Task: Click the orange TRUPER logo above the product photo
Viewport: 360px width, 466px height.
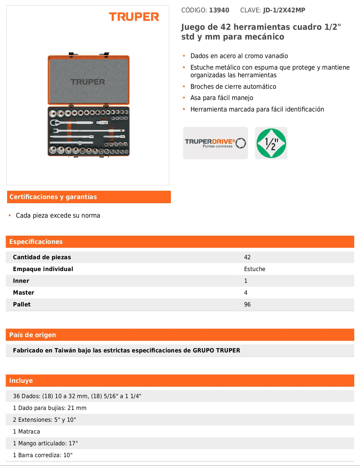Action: pyautogui.click(x=134, y=17)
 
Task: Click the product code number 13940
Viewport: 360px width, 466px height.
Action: pyautogui.click(x=219, y=10)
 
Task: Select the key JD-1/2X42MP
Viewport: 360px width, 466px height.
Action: pyautogui.click(x=284, y=10)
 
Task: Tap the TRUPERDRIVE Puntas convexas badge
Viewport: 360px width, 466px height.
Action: pyautogui.click(x=215, y=143)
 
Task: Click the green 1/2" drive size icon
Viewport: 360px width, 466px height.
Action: pyautogui.click(x=271, y=143)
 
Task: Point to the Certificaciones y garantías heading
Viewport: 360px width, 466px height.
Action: pyautogui.click(x=53, y=197)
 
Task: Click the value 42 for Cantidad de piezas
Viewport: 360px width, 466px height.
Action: pyautogui.click(x=247, y=257)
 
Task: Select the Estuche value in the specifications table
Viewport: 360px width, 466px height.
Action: pyautogui.click(x=254, y=269)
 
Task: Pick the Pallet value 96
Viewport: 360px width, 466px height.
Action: pyautogui.click(x=247, y=304)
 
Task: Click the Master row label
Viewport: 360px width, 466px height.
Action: pyautogui.click(x=24, y=293)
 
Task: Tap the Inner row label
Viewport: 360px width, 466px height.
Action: pyautogui.click(x=21, y=281)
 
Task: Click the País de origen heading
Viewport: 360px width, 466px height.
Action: pyautogui.click(x=32, y=335)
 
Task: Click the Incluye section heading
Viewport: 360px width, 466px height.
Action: pyautogui.click(x=21, y=380)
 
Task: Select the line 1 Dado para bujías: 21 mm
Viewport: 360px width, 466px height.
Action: pyautogui.click(x=50, y=408)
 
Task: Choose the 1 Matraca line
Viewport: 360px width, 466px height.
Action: pyautogui.click(x=27, y=431)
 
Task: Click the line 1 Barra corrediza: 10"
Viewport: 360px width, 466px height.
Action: pyautogui.click(x=42, y=455)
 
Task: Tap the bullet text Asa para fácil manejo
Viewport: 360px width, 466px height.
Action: pyautogui.click(x=222, y=98)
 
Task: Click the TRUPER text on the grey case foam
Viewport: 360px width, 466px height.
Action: pyautogui.click(x=88, y=82)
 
